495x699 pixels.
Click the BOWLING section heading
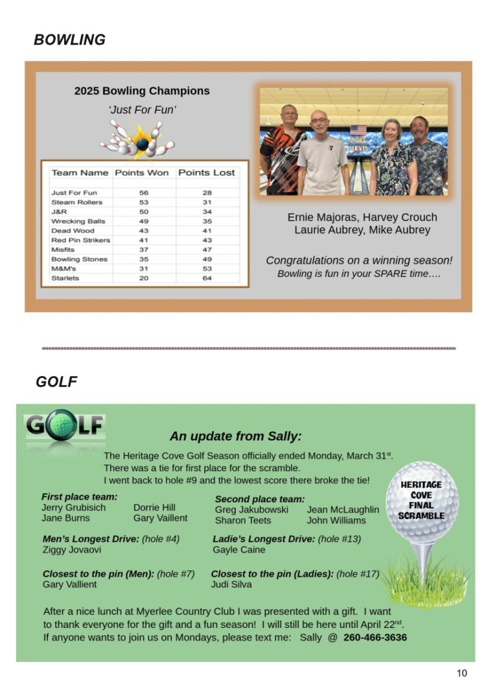pos(69,40)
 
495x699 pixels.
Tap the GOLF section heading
pos(56,382)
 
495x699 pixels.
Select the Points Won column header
pos(142,173)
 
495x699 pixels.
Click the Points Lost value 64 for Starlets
pos(207,278)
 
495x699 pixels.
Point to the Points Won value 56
pos(144,193)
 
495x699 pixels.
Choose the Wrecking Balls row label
pos(78,221)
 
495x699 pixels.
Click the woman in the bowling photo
pos(392,159)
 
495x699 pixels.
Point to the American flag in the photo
pos(358,130)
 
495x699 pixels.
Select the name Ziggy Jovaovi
pos(71,550)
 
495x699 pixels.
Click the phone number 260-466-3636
pos(375,638)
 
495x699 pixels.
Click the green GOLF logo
pos(65,426)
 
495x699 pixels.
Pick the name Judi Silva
pos(231,584)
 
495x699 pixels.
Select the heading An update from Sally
pos(236,436)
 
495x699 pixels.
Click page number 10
pos(461,673)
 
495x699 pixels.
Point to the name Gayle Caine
pos(238,550)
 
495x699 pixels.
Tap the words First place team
pos(79,496)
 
